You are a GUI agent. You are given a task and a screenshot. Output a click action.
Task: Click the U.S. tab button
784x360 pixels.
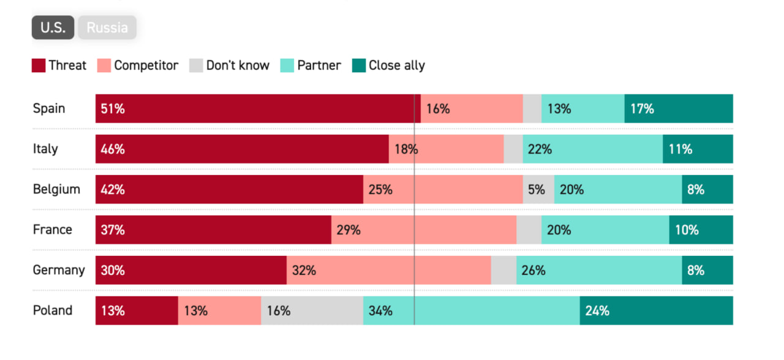coord(53,28)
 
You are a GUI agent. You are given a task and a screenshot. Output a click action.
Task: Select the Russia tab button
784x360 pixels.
coord(107,28)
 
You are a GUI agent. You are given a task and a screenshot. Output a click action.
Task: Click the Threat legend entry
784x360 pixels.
coord(59,66)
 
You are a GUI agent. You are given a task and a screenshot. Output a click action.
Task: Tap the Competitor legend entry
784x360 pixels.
coord(138,66)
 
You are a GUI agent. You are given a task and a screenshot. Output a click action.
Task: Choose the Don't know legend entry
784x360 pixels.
coord(230,66)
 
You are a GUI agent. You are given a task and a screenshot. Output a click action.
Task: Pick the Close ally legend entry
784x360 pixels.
coord(389,66)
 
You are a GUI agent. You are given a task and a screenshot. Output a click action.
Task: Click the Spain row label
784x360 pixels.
coord(49,108)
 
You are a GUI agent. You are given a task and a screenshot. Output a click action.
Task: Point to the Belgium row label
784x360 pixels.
coord(56,189)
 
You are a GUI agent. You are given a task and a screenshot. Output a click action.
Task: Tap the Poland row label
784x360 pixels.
coord(53,310)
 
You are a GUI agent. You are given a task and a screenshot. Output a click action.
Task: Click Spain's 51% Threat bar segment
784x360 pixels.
coord(254,108)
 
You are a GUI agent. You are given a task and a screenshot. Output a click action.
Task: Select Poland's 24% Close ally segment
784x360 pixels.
coord(656,310)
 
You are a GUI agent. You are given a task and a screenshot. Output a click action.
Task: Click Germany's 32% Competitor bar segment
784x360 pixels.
coord(388,270)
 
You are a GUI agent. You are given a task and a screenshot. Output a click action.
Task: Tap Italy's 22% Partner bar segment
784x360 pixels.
coord(592,149)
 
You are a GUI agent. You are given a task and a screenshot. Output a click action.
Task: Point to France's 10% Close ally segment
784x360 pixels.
coord(701,230)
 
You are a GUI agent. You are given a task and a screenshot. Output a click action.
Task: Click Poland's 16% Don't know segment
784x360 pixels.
coord(312,310)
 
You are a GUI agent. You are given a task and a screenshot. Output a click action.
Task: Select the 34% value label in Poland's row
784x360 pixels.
coord(380,311)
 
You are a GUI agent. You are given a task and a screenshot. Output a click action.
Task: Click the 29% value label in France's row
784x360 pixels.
coord(349,230)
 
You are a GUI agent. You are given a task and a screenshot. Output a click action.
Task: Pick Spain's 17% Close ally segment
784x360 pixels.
coord(679,108)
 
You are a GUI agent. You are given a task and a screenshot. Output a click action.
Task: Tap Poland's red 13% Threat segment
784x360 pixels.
coord(137,310)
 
